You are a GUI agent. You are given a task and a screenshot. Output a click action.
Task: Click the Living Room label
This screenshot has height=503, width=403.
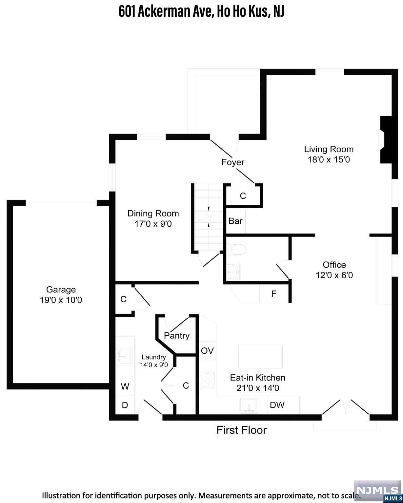point(329,149)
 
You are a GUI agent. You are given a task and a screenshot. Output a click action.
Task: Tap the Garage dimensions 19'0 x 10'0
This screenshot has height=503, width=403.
point(61,300)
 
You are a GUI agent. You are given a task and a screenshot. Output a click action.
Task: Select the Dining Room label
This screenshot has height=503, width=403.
point(153,214)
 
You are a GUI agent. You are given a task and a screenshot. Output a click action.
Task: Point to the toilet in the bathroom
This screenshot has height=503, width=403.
point(237,250)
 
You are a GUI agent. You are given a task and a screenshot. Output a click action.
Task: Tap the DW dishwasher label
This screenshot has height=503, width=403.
point(277,405)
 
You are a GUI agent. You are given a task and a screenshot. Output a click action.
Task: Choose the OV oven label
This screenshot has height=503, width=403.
point(207,351)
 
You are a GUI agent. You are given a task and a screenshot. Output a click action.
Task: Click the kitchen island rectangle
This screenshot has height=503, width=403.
point(260,356)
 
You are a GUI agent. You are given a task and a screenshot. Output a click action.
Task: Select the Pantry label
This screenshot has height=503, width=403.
point(177,336)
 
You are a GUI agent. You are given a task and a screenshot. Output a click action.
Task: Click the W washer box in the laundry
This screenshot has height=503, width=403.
point(125,387)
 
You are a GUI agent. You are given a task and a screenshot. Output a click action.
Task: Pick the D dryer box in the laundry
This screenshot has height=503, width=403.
point(125,405)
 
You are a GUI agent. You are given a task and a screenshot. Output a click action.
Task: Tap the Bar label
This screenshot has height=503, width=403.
point(235,221)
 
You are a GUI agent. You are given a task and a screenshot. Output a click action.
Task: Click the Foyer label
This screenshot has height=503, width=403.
point(233,162)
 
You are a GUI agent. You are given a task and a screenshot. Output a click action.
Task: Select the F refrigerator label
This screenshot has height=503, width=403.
point(274,294)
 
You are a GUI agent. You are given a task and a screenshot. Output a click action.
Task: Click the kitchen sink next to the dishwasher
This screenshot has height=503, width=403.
point(250,406)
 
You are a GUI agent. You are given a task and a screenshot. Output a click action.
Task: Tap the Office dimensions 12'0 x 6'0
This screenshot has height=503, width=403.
point(334,275)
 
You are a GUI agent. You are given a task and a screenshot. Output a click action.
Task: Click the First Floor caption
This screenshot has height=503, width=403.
point(241,430)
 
